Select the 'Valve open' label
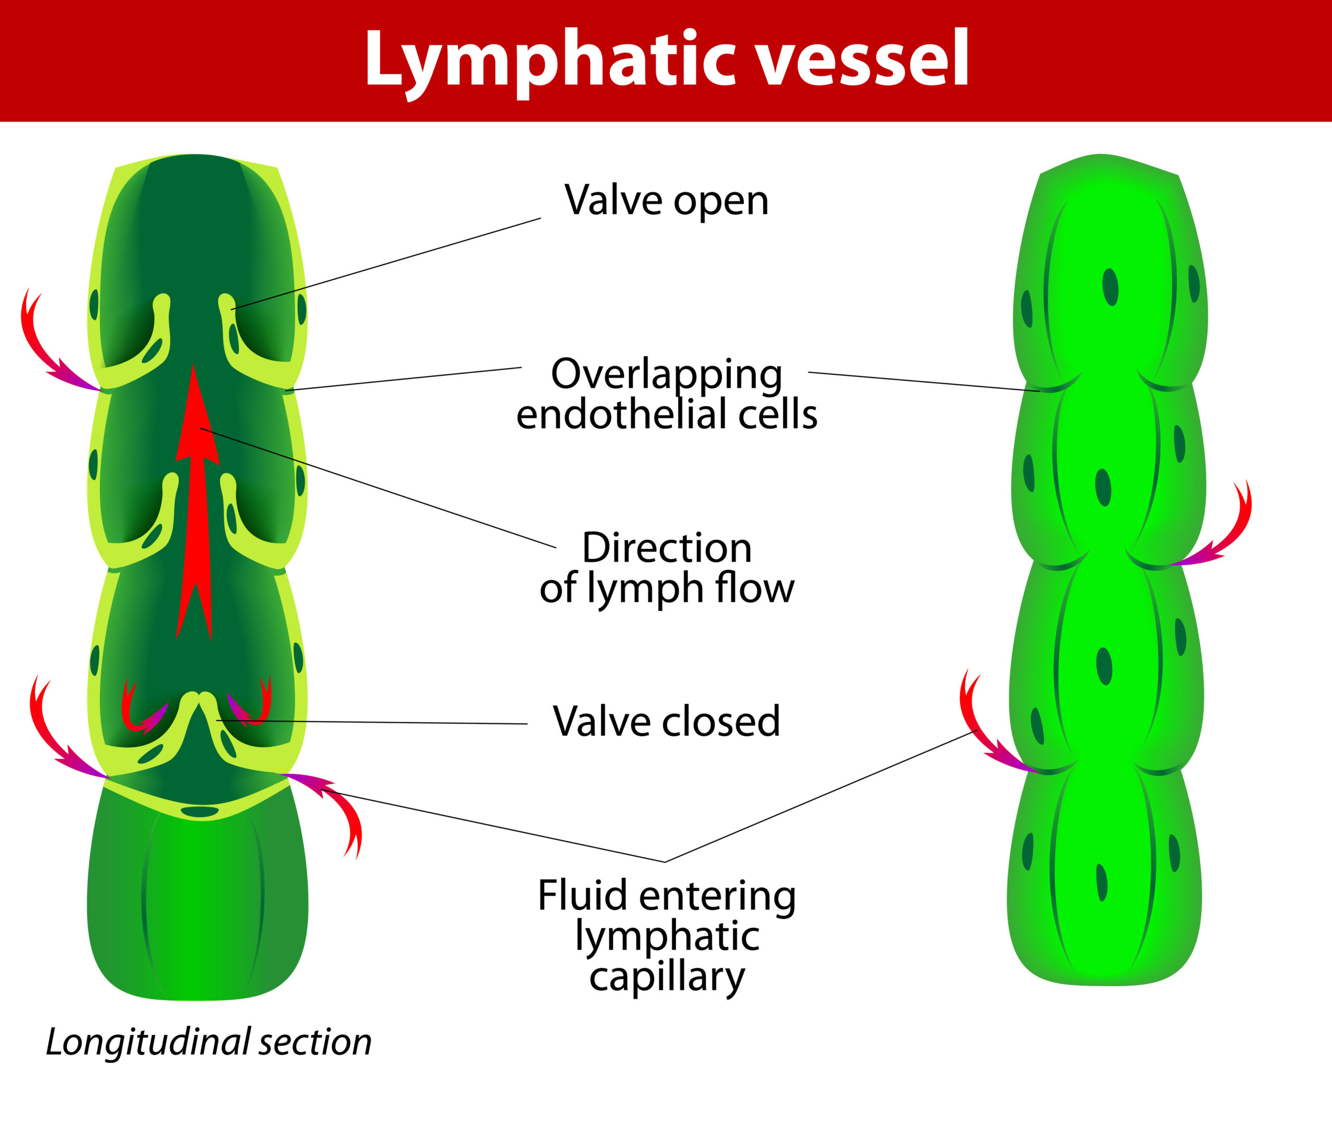[667, 201]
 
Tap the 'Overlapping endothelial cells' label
[667, 394]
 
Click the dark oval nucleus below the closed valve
[200, 812]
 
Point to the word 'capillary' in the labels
[667, 977]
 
